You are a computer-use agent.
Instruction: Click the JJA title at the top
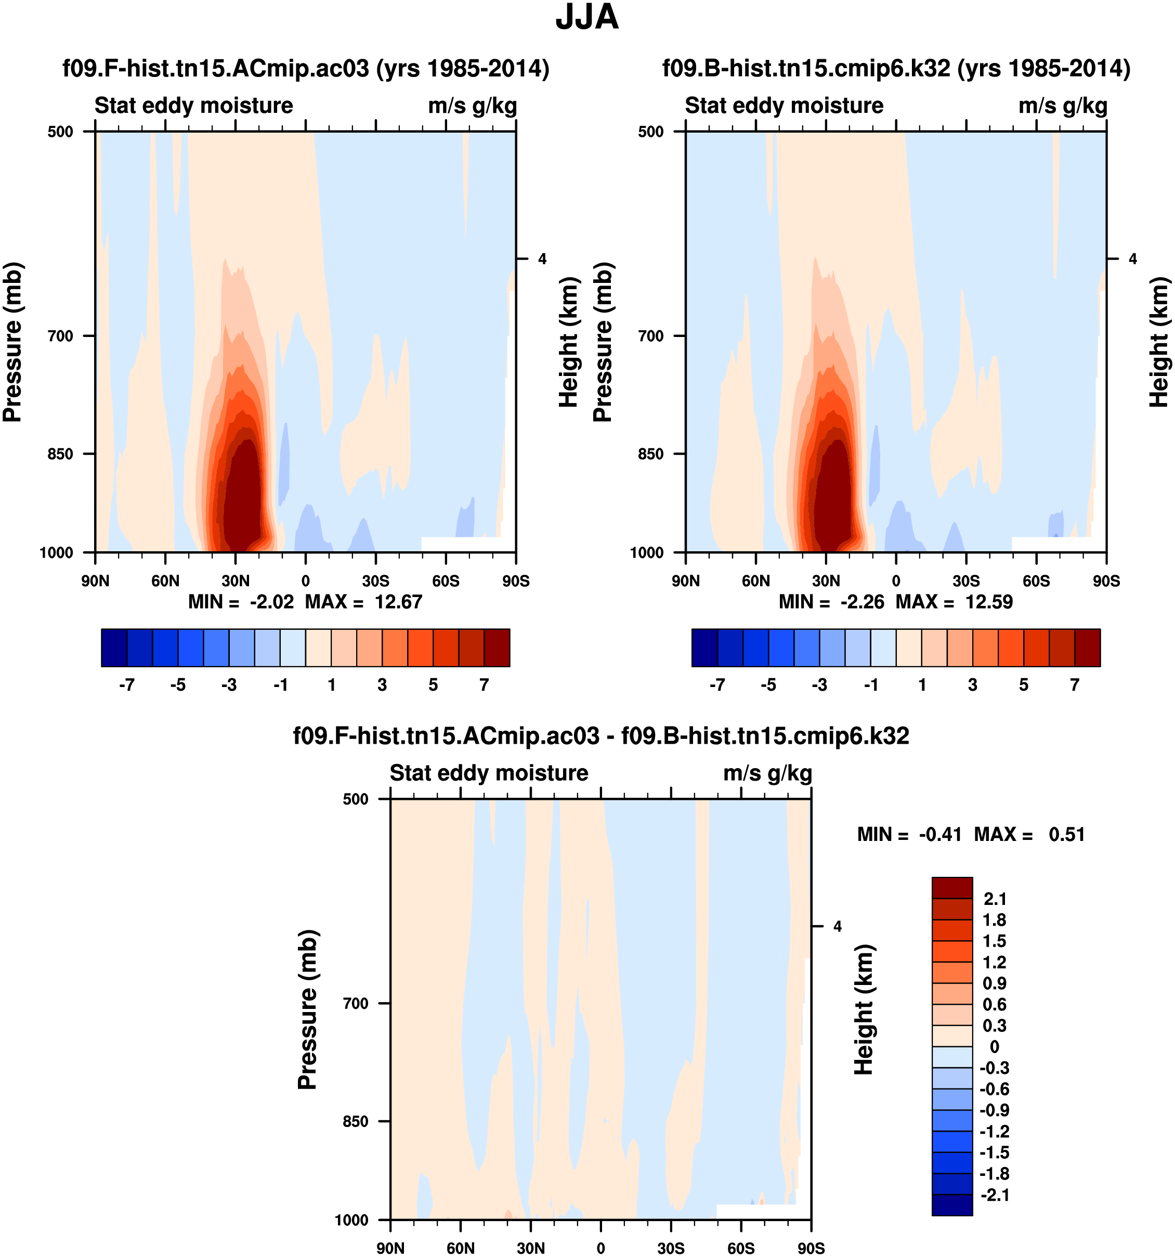tap(586, 18)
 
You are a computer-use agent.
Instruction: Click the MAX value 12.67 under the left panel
tap(398, 601)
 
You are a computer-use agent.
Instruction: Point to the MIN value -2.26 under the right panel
tap(861, 601)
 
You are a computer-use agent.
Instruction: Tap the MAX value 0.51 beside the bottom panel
tap(1066, 834)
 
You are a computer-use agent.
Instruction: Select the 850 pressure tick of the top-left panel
tap(61, 453)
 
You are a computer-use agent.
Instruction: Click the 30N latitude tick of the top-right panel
tap(826, 580)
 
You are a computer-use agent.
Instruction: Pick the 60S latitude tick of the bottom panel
tap(741, 1248)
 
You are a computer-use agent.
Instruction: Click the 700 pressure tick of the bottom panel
tap(356, 1003)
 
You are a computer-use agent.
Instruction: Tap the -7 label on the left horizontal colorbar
tap(126, 685)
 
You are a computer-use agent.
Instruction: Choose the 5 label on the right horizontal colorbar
tap(1023, 685)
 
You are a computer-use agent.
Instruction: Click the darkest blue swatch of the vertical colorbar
tap(952, 1204)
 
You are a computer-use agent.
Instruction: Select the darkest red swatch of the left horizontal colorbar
tap(497, 647)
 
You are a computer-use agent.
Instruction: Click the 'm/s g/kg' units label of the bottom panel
tap(767, 773)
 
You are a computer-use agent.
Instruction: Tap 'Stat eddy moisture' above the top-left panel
tap(193, 106)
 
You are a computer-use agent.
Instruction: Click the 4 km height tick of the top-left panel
tap(542, 258)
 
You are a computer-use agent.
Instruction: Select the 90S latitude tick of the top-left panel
tap(516, 580)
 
